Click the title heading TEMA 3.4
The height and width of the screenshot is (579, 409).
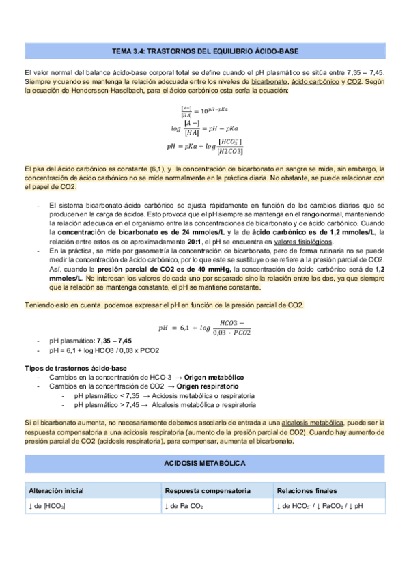tap(204, 51)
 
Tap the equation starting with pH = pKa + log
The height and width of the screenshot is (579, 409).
tap(205, 145)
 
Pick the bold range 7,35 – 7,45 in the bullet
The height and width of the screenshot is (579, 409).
tap(115, 341)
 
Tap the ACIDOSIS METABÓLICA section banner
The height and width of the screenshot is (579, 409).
tap(204, 464)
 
